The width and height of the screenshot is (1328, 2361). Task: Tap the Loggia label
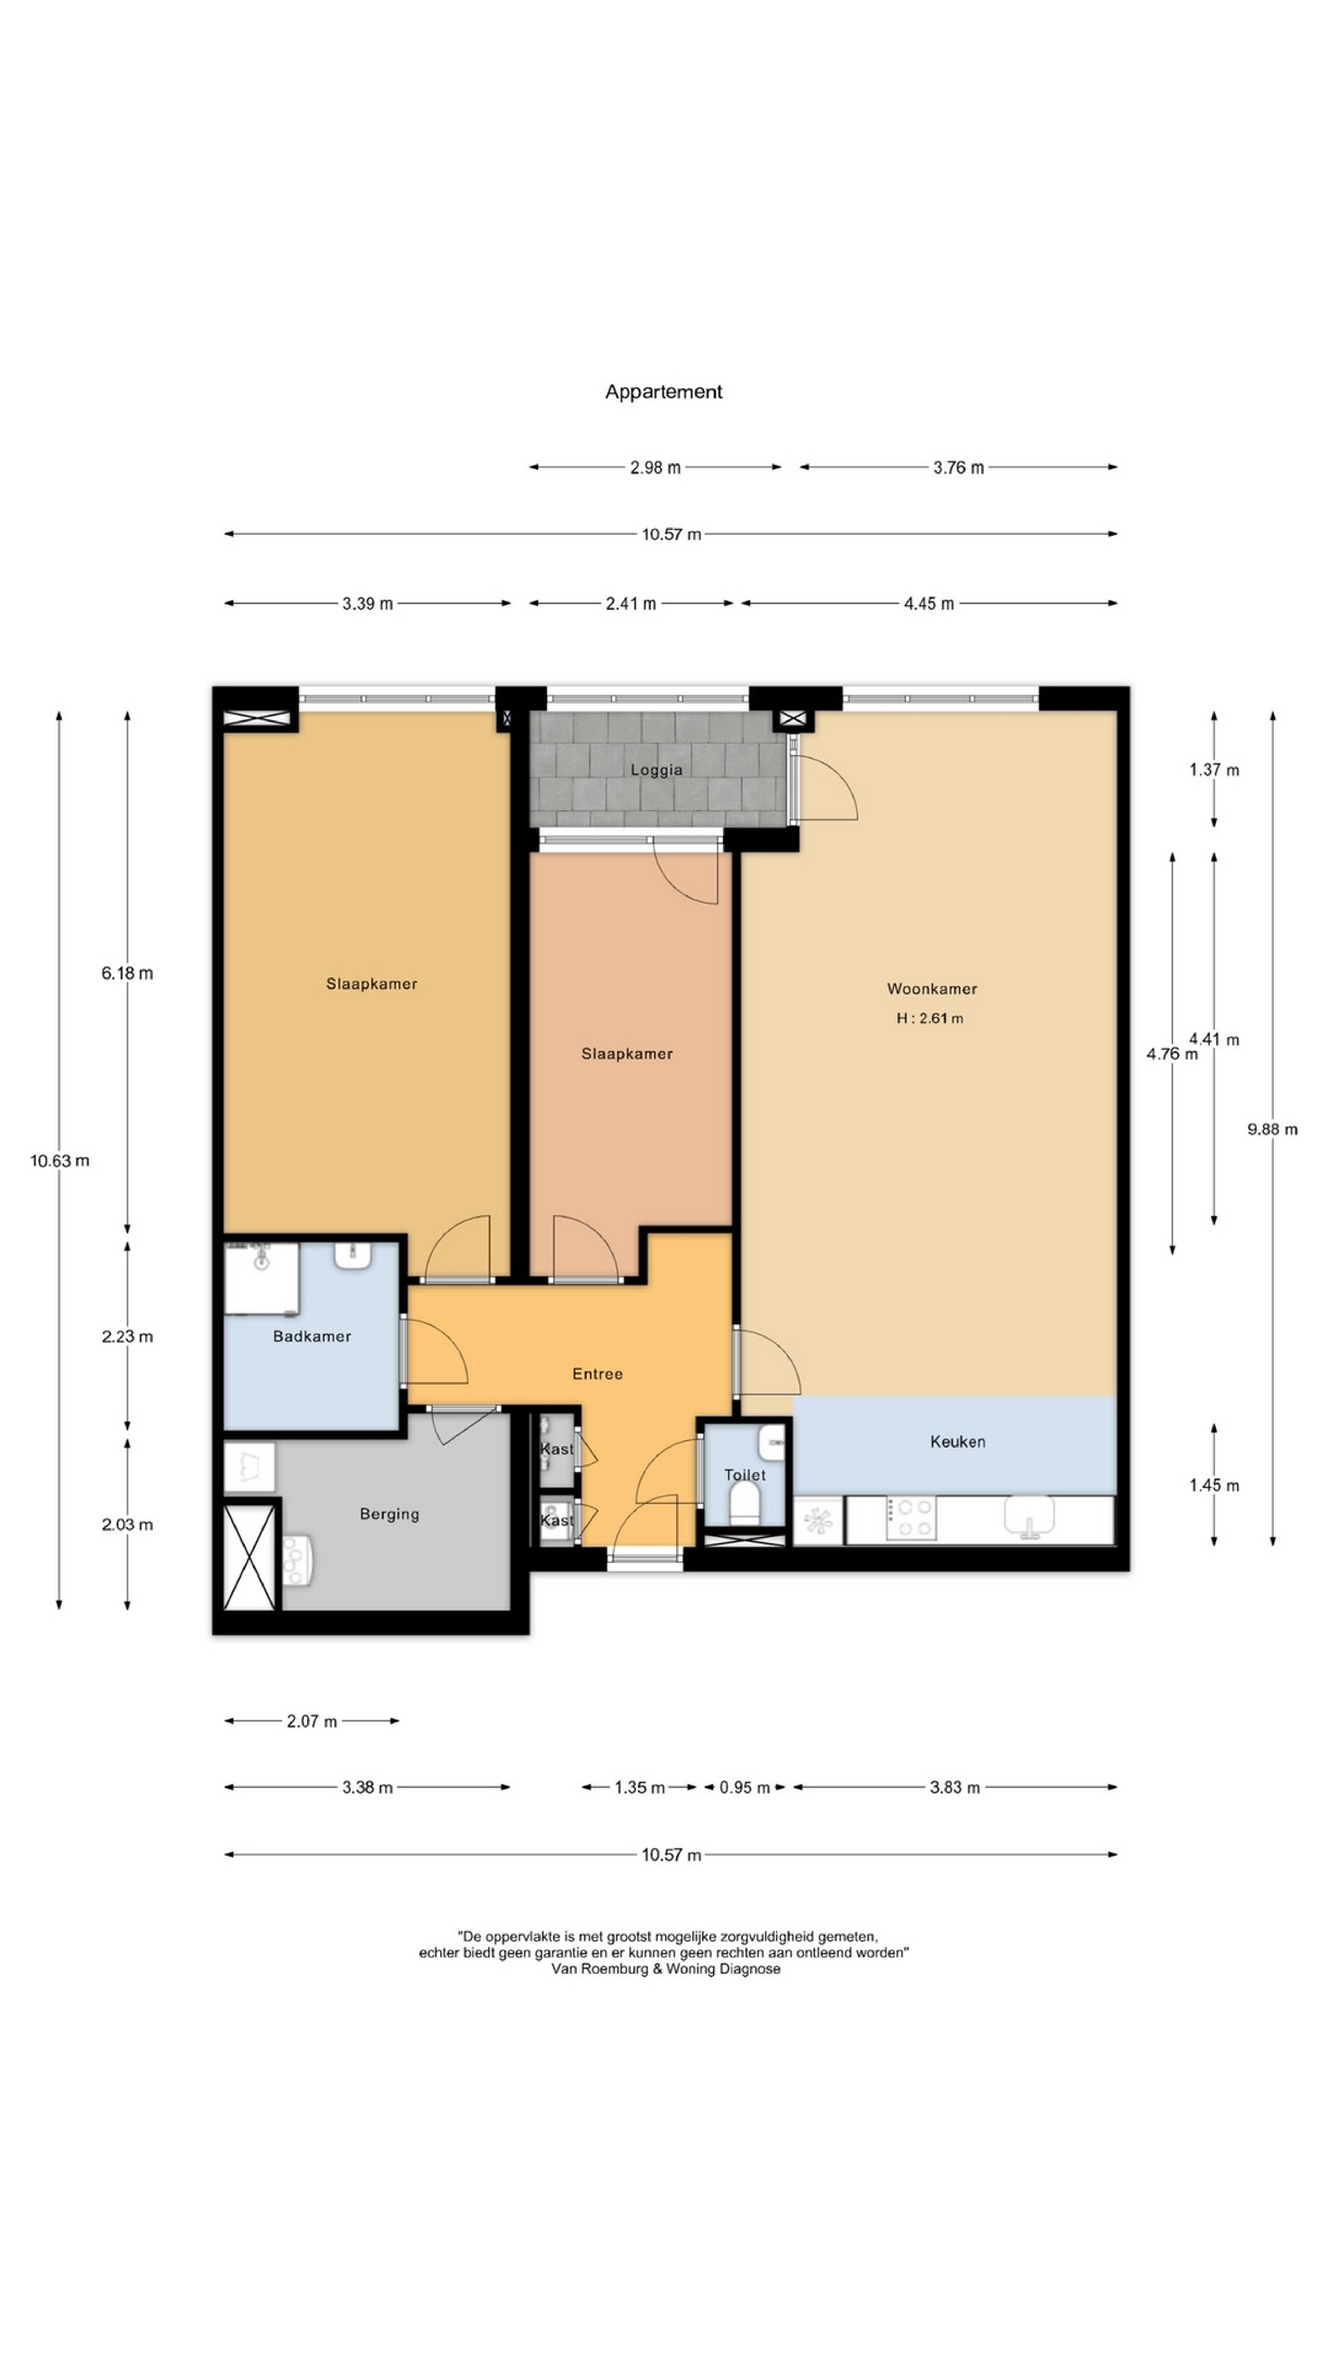coord(656,770)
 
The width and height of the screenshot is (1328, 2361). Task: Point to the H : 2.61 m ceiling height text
coord(929,1018)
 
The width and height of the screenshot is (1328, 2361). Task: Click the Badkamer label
coord(312,1336)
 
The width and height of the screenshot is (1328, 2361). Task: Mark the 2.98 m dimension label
coord(655,467)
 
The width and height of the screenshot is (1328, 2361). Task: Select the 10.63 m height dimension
coord(59,1160)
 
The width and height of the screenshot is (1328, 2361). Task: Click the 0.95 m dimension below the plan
coord(744,1787)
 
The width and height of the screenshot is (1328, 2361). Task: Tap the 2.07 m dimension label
coord(312,1721)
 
